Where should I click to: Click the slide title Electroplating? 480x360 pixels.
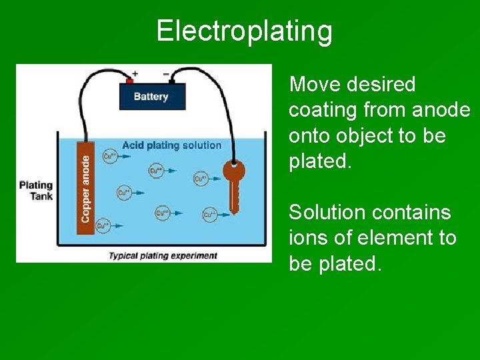[x=244, y=31]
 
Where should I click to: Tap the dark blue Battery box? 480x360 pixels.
[x=151, y=96]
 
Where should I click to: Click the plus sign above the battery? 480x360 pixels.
[x=135, y=73]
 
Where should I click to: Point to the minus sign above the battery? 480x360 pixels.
[x=165, y=73]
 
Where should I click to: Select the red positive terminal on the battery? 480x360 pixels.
[x=130, y=81]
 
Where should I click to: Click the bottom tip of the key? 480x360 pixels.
[x=234, y=212]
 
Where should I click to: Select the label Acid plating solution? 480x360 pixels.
[x=171, y=145]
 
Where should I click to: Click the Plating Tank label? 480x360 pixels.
[x=36, y=190]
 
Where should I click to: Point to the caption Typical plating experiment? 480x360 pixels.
[x=163, y=255]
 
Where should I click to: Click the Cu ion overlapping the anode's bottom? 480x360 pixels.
[x=103, y=226]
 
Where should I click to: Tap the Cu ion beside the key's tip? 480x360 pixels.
[x=209, y=214]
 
